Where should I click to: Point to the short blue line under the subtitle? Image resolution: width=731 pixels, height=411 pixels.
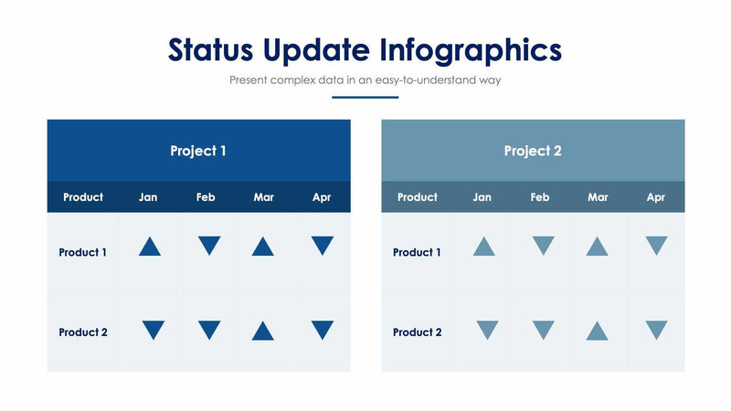pos(365,97)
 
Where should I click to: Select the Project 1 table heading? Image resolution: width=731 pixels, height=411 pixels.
pos(198,151)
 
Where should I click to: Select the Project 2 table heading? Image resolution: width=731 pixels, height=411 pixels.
pos(533,151)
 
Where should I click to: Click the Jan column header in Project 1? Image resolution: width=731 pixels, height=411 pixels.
pos(148,197)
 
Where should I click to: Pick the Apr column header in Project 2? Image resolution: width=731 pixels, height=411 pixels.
pos(655,197)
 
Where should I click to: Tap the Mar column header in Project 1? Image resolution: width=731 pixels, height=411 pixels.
pos(263,197)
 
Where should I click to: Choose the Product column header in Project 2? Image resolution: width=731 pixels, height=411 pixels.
pos(418,197)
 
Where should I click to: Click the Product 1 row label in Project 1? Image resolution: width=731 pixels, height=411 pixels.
pos(83,253)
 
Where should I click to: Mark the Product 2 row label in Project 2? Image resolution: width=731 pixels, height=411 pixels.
pos(418,332)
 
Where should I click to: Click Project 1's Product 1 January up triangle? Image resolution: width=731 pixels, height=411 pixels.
pos(150,247)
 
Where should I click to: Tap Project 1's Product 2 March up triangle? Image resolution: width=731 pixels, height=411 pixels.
pos(262,331)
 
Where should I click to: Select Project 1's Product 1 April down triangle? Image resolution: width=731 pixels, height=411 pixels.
pos(322,245)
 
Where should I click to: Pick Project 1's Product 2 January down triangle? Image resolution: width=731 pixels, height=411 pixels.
pos(153,330)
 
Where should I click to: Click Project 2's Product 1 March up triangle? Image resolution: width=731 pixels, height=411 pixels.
pos(597,247)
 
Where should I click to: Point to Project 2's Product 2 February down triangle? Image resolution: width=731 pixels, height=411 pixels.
pos(544,330)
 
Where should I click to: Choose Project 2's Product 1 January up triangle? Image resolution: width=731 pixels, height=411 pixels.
pos(484,247)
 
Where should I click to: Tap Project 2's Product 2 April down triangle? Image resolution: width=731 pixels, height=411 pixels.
pos(656,330)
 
